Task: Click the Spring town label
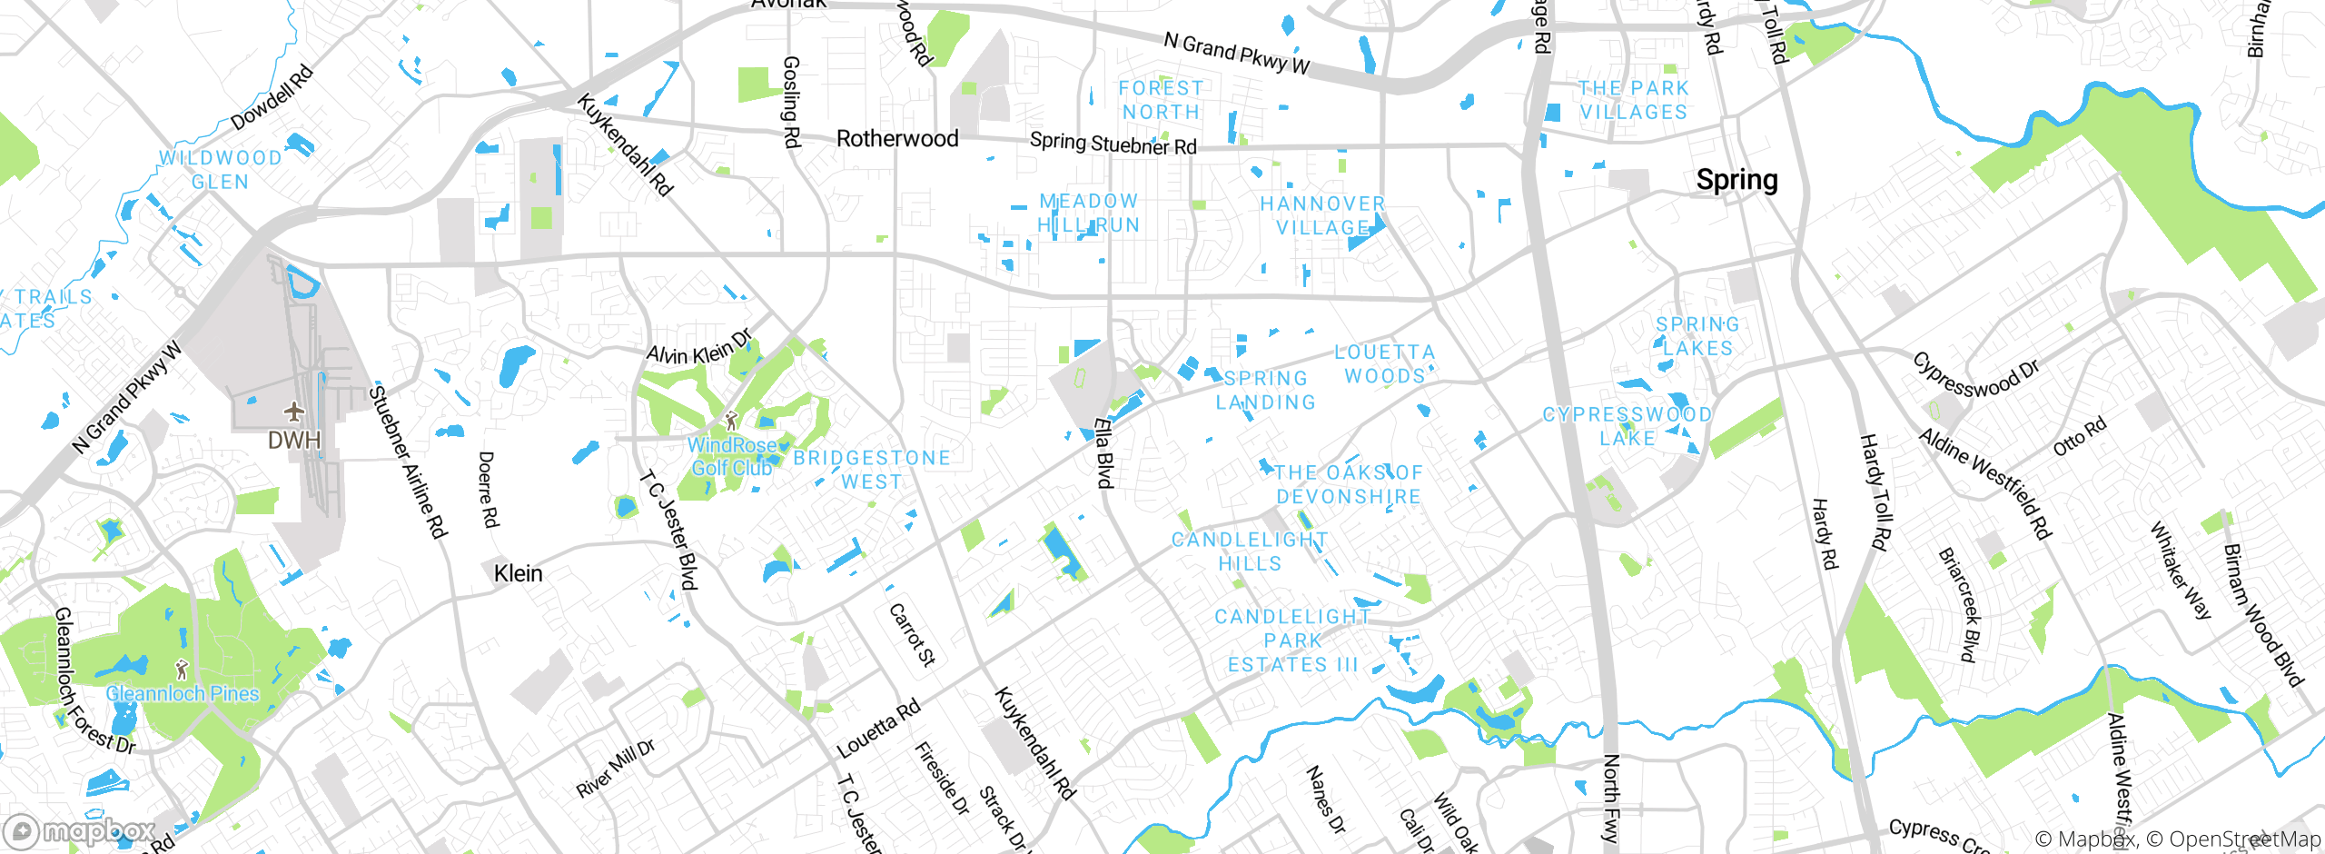pos(1736,180)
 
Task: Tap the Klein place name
pos(518,573)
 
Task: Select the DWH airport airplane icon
pos(293,412)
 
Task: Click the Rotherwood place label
pos(896,139)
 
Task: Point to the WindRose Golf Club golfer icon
pos(731,421)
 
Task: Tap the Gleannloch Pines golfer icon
pos(182,670)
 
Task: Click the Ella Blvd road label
pos(1103,452)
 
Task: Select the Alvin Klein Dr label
pos(699,348)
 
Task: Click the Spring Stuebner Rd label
pos(1113,144)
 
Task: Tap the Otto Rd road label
pos(2079,437)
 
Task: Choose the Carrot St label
pos(911,634)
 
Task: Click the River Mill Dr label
pos(615,769)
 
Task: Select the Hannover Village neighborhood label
pos(1322,215)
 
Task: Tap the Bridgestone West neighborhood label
pos(872,470)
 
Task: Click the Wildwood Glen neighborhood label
pos(221,170)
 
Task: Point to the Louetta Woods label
pos(1384,363)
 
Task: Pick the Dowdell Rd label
pos(272,97)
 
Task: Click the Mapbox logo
pos(80,830)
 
